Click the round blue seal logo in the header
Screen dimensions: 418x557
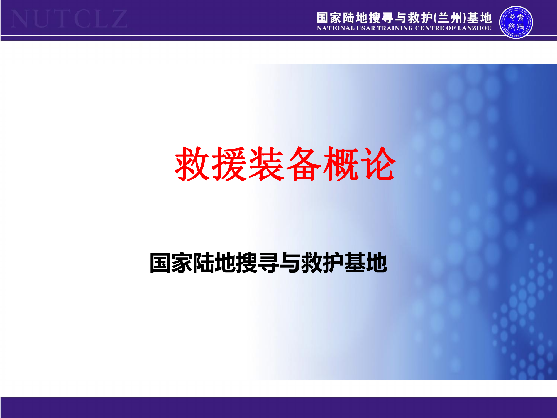tap(516, 22)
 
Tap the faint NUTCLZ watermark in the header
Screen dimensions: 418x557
tap(69, 19)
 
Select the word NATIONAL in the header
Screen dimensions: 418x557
tap(336, 28)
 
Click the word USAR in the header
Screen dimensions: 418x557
tap(366, 28)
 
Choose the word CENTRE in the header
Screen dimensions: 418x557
tap(429, 28)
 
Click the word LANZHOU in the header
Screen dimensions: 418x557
tap(475, 28)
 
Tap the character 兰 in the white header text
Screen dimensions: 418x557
tap(444, 18)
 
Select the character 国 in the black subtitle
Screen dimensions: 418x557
tap(160, 263)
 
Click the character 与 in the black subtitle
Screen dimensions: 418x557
tap(290, 263)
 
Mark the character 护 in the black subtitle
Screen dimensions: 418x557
tap(333, 263)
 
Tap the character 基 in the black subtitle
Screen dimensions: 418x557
tap(355, 263)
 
